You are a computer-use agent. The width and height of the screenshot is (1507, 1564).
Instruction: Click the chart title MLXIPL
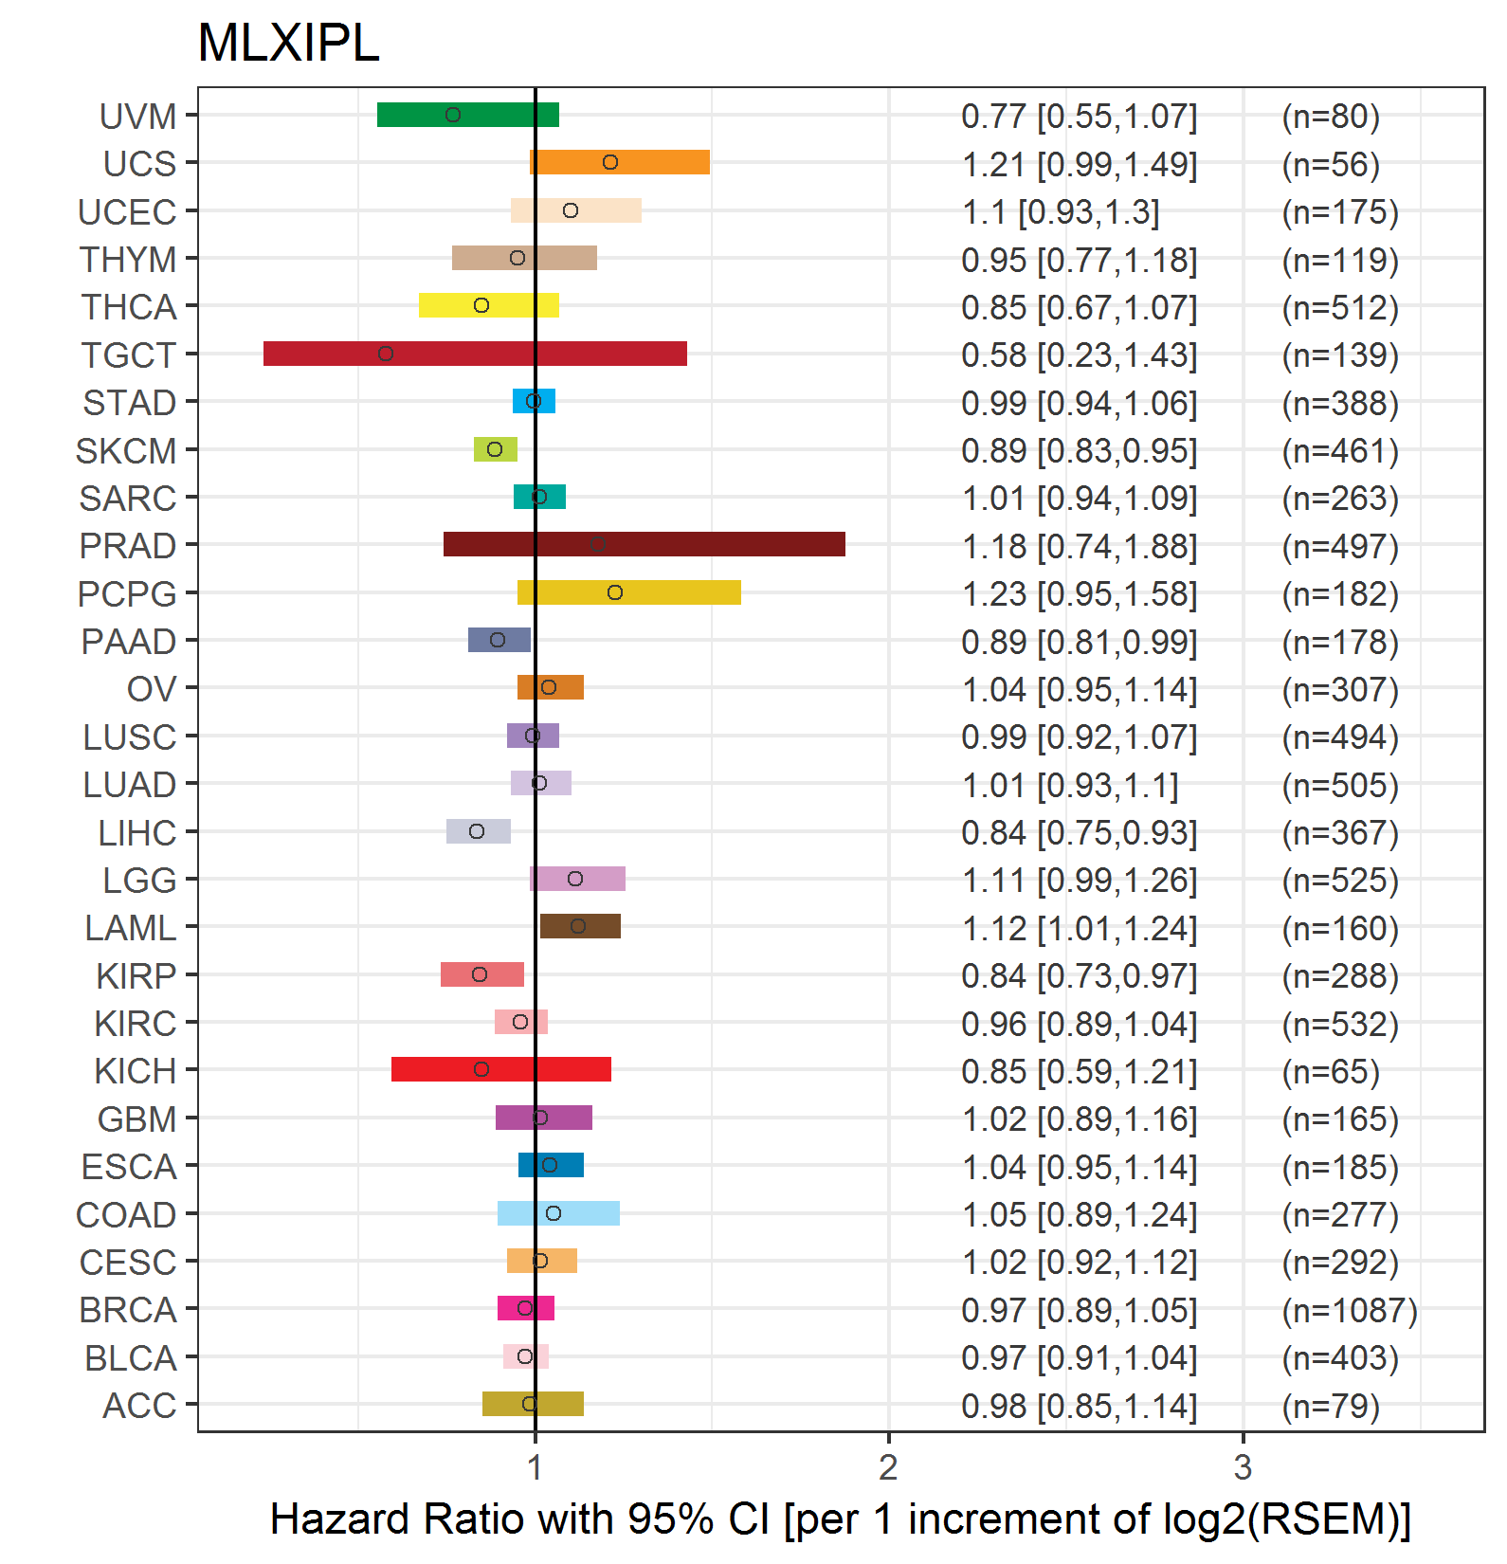288,44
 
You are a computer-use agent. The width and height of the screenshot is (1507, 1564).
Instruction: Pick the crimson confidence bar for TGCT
475,354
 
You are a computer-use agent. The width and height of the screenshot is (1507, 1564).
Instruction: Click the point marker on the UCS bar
610,162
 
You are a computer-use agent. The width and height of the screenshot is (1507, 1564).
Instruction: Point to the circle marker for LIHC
477,831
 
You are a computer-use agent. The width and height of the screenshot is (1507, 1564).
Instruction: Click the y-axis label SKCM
126,451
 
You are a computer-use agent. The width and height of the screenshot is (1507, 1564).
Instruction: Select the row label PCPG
127,594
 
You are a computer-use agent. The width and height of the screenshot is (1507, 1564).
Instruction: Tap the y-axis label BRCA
128,1310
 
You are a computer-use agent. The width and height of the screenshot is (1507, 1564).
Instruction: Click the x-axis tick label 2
888,1467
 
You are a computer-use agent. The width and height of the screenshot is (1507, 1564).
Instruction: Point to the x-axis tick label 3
1243,1467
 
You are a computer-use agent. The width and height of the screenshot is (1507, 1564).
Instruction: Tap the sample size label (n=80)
1331,117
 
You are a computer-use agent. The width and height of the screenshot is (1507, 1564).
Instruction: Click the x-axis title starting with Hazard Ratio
840,1519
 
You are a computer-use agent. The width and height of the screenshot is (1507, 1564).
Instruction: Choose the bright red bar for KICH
500,1069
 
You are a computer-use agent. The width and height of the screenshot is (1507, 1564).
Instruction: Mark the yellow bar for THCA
488,305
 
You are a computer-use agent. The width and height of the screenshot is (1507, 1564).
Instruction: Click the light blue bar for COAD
558,1213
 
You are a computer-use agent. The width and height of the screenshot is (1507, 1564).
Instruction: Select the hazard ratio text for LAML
1080,929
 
